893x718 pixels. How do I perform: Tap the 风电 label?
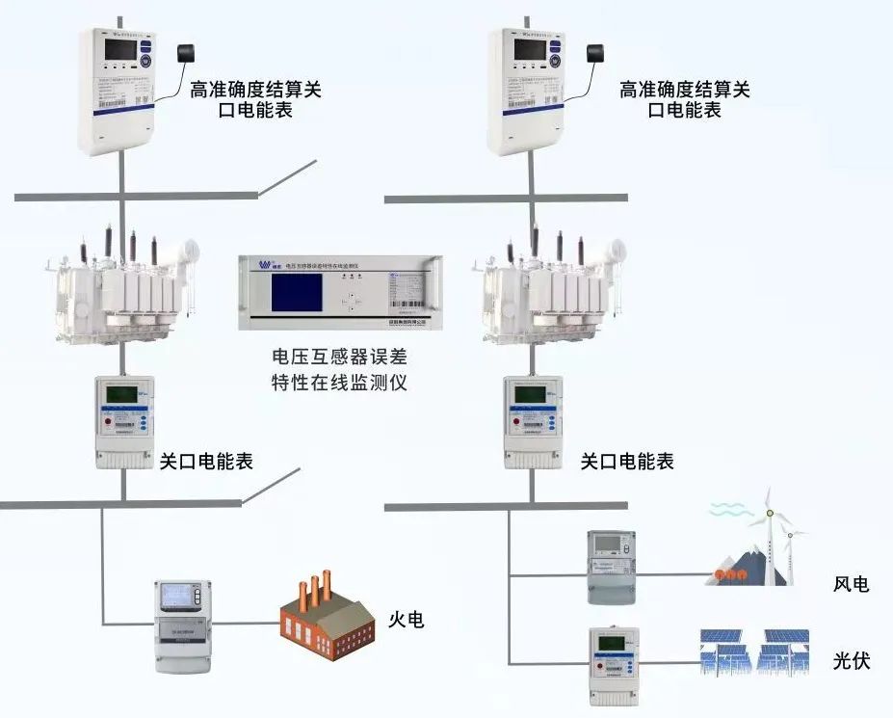pos(851,584)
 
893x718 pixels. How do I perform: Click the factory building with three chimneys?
pos(326,613)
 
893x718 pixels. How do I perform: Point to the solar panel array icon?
pos(753,654)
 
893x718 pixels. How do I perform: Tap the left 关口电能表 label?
pos(206,462)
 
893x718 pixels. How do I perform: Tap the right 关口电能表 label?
pos(627,462)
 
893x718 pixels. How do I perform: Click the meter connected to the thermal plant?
pos(183,625)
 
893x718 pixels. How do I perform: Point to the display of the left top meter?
pos(120,50)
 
